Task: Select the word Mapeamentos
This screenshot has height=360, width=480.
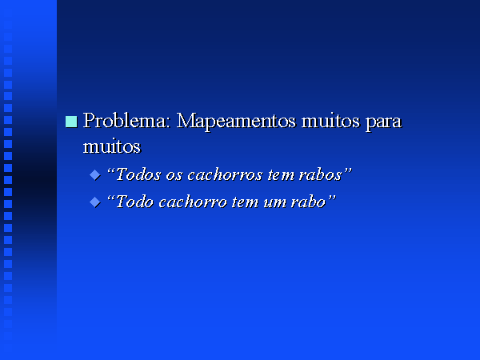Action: [x=236, y=122]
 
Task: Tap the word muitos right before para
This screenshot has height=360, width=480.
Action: [x=330, y=121]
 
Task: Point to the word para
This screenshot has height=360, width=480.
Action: [x=383, y=123]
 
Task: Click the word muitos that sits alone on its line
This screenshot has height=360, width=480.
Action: [x=112, y=146]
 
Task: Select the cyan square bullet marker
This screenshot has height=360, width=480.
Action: [x=71, y=122]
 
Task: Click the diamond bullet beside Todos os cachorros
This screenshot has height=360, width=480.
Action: [x=95, y=175]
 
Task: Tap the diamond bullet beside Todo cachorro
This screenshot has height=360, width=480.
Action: [x=95, y=202]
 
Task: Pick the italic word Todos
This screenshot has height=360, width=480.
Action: [x=138, y=174]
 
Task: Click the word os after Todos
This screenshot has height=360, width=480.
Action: [x=174, y=176]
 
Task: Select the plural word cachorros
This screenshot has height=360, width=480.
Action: [x=225, y=174]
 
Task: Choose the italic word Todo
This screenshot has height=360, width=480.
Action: [x=134, y=202]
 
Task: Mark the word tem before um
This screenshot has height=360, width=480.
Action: [x=245, y=202]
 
